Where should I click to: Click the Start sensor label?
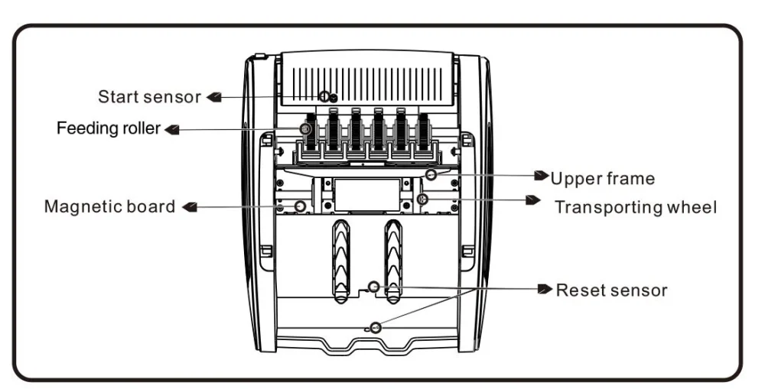148,97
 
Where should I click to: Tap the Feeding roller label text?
109,128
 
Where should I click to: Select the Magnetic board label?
109,206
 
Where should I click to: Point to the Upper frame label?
603,179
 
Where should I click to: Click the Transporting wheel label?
636,207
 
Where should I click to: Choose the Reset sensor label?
611,290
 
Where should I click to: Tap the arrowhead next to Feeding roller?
172,129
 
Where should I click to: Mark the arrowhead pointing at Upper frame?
542,175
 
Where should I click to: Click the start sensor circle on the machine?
325,96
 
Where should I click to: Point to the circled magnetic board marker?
300,206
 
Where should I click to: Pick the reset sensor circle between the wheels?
374,287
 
